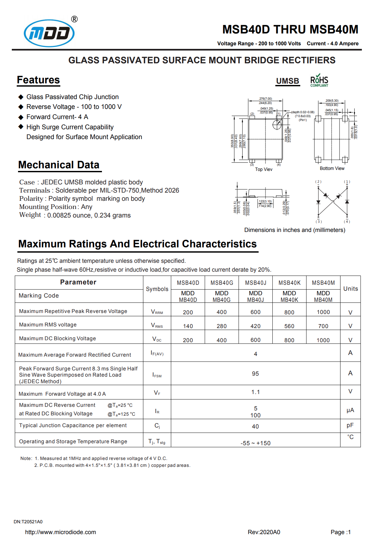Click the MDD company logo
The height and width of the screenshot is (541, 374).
click(49, 33)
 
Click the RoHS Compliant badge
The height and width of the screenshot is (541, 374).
click(319, 80)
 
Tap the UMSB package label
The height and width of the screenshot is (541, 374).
click(287, 81)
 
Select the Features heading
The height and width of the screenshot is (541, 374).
click(38, 80)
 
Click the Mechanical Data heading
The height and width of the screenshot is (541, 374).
click(59, 165)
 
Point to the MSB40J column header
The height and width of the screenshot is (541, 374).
click(255, 283)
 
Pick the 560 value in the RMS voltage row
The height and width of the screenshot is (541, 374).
click(289, 326)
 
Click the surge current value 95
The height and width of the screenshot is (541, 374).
click(255, 374)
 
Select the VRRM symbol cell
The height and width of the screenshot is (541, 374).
click(157, 312)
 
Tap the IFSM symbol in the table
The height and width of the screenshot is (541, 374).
click(157, 375)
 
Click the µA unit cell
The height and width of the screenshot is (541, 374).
click(350, 410)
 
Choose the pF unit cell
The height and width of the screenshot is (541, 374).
click(350, 425)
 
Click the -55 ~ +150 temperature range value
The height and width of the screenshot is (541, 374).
click(255, 443)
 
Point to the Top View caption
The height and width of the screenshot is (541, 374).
click(264, 169)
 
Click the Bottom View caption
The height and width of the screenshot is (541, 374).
click(332, 168)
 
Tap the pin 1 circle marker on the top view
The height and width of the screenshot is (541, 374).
click(277, 124)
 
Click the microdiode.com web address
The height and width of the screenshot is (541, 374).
click(61, 532)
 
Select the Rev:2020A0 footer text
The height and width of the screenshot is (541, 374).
click(264, 532)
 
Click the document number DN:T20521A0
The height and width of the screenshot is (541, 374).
click(28, 522)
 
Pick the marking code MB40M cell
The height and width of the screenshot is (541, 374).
click(323, 296)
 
